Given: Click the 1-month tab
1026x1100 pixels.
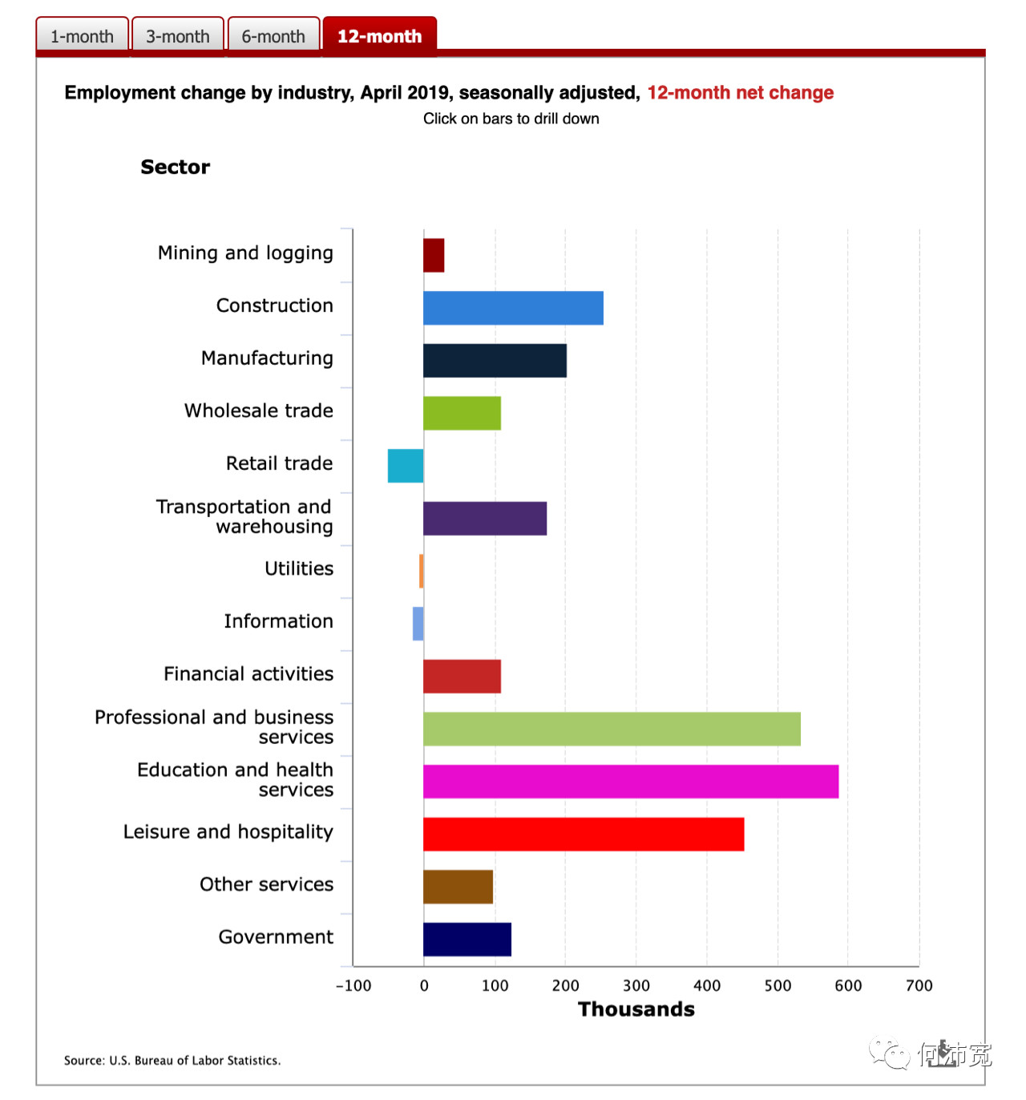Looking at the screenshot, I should point(82,37).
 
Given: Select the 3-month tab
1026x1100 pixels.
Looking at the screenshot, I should point(177,37).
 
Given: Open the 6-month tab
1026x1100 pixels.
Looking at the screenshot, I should point(273,37).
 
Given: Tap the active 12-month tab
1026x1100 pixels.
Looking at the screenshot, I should point(379,37).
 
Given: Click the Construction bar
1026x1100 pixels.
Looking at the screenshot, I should point(513,308).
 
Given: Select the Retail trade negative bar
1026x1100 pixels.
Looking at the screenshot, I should point(406,466).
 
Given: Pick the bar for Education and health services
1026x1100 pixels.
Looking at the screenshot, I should point(631,782).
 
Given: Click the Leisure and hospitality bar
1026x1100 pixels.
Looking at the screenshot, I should point(584,835).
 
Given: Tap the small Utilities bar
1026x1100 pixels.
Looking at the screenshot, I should point(422,571).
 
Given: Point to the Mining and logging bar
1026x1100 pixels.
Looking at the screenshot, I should point(434,256).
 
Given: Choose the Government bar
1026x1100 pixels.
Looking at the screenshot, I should point(467,940).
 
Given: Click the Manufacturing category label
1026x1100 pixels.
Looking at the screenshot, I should point(267,358).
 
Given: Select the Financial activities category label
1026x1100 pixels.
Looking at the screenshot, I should point(248,674).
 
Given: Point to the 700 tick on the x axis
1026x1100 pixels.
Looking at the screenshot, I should point(919,985).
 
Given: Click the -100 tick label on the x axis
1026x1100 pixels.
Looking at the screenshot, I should point(353,985).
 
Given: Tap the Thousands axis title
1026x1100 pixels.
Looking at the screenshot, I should point(636,1009).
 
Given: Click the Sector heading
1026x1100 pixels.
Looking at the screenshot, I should point(176,167).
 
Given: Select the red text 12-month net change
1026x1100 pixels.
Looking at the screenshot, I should point(740,93).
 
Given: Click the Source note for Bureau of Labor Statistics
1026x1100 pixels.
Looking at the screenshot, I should point(172,1061).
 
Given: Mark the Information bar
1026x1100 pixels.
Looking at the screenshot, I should point(418,624).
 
